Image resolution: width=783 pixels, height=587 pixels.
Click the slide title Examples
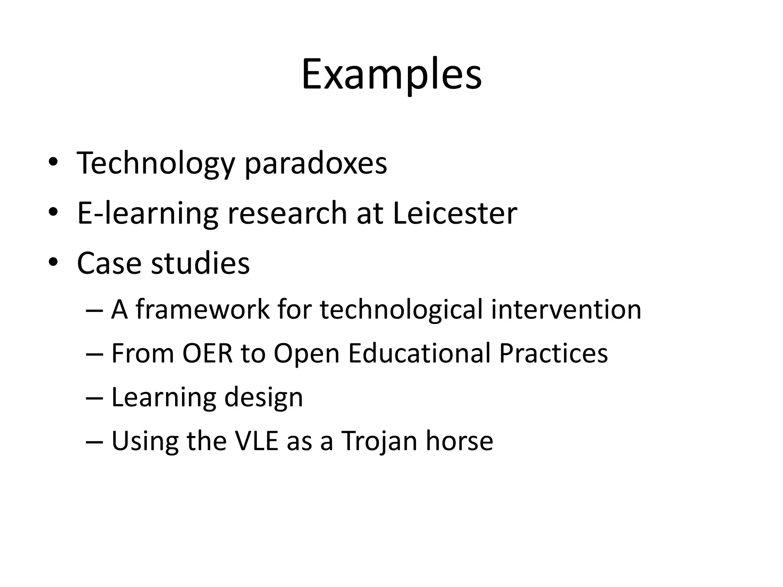coord(391,75)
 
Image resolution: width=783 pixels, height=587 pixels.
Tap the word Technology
coord(156,164)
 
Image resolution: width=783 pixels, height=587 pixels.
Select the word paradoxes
coord(316,164)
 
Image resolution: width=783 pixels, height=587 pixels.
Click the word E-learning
coord(148,214)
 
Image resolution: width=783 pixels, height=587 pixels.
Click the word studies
coord(200,263)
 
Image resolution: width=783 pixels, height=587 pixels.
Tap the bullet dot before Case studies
coord(53,262)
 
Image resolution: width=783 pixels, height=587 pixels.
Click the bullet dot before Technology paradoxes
coord(53,162)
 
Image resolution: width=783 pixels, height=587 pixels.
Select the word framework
coord(203,309)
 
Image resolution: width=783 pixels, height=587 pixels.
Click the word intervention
coord(566,309)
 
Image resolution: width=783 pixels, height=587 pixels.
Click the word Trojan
coord(379,442)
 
